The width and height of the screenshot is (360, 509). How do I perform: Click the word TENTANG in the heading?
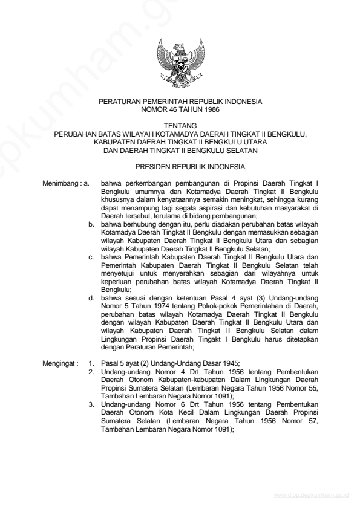(180, 126)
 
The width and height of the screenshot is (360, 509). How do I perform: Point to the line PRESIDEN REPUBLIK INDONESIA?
(180, 164)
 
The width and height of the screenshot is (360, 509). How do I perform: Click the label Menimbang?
(60, 181)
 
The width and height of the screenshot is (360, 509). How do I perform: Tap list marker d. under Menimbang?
(91, 298)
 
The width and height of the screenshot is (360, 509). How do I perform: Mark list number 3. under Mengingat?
(91, 401)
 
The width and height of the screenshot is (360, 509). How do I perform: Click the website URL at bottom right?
(311, 495)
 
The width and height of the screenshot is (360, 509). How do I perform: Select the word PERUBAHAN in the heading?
(73, 134)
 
